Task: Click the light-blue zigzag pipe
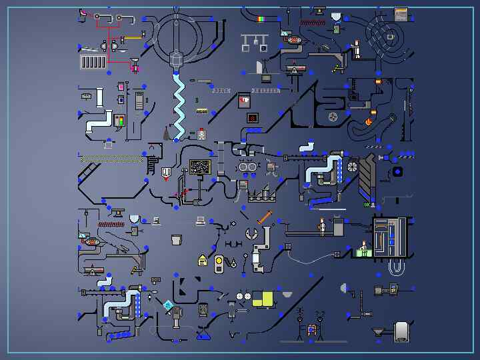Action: [x=179, y=107]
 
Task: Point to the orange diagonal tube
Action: [x=265, y=217]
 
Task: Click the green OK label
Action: [x=367, y=205]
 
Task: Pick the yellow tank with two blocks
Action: [x=263, y=299]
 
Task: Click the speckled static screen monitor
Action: [x=200, y=167]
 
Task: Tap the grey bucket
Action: [x=176, y=239]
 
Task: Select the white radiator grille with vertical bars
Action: [x=93, y=62]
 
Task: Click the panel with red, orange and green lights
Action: [x=120, y=121]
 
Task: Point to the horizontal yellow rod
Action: [x=132, y=37]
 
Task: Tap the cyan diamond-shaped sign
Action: [x=169, y=305]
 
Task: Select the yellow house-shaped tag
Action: [x=203, y=260]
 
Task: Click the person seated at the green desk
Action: [x=363, y=250]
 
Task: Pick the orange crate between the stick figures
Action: [x=310, y=329]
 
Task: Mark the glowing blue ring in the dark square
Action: [x=398, y=172]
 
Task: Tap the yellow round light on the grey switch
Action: [x=218, y=260]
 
